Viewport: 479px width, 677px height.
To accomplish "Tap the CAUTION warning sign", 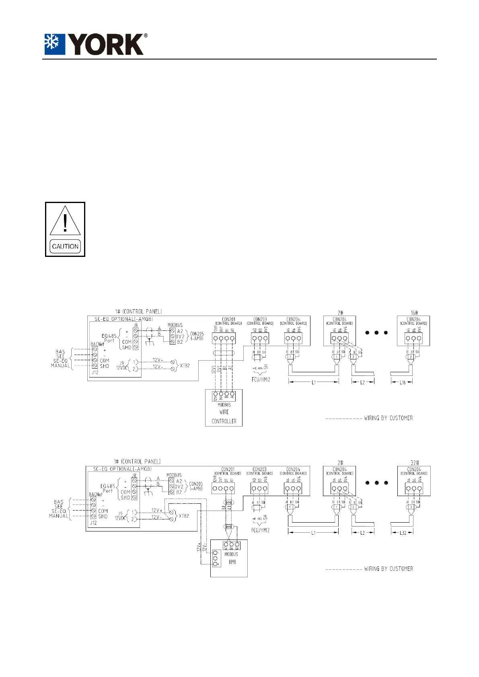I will tap(65, 229).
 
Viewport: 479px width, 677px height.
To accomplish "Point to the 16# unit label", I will tap(413, 312).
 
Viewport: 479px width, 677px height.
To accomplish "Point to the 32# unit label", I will tap(414, 463).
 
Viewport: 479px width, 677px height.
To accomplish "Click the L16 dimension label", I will tap(402, 382).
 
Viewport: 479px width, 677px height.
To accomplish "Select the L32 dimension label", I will tap(402, 533).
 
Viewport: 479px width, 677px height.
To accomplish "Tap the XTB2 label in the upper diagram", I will tap(185, 365).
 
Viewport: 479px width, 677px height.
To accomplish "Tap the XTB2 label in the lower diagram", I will tap(183, 516).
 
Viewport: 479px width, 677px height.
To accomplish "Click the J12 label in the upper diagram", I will tap(95, 372).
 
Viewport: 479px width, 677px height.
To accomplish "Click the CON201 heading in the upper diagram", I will tap(228, 320).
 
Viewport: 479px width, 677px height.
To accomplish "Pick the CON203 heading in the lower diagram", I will tap(259, 469).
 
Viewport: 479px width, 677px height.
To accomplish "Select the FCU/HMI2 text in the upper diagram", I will tap(260, 380).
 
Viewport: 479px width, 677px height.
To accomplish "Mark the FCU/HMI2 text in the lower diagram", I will tap(260, 530).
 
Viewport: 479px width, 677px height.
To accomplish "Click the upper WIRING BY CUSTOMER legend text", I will tap(388, 418).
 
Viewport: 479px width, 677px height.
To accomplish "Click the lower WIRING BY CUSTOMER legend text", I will tap(388, 569).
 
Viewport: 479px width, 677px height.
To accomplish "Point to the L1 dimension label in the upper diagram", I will tap(314, 382).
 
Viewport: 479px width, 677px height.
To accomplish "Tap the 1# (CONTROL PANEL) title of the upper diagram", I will tap(138, 312).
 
